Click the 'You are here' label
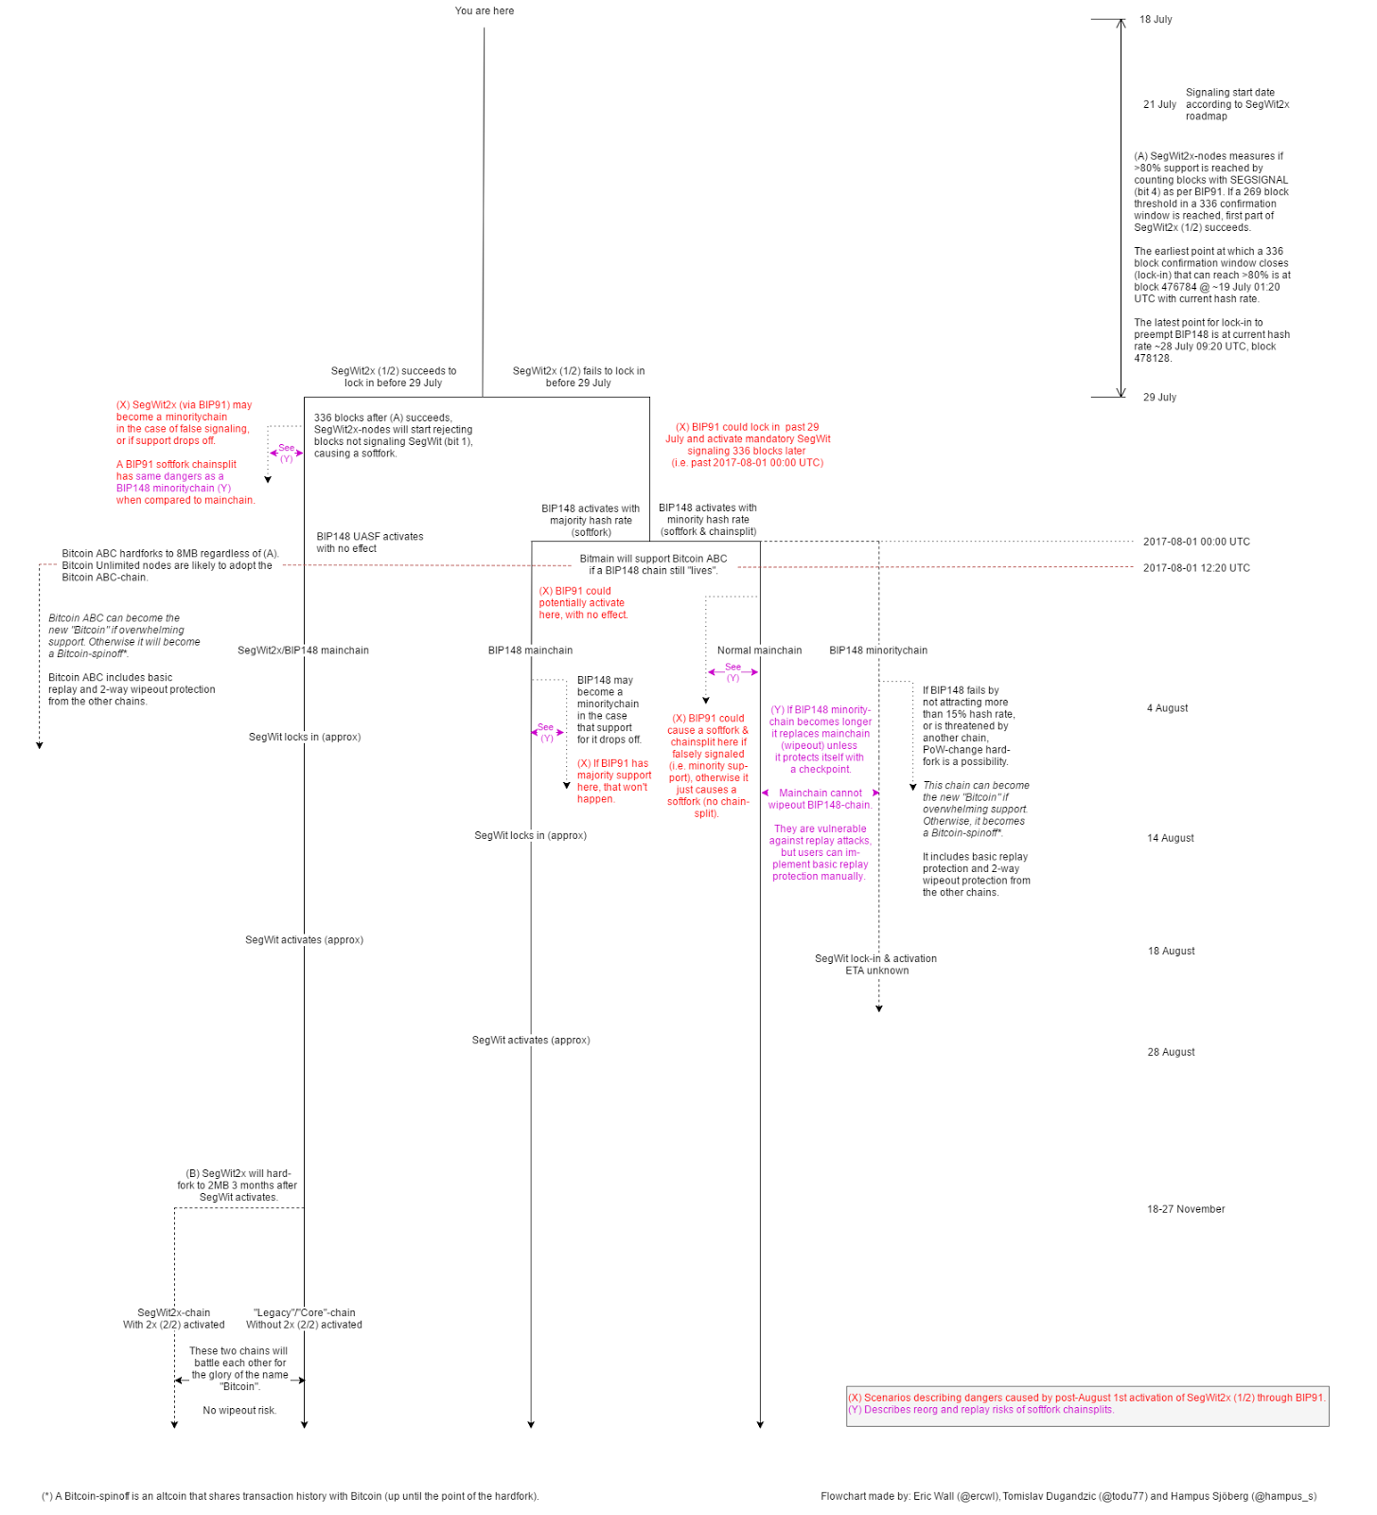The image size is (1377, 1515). coord(484,11)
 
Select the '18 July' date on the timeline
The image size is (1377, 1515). coord(1155,20)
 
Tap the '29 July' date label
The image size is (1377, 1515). coord(1159,398)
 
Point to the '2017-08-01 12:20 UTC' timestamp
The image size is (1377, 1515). coord(1195,568)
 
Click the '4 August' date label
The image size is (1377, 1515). coord(1167,708)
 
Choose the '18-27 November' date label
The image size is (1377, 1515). coord(1185,1209)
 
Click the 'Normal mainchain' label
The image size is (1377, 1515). coord(759,651)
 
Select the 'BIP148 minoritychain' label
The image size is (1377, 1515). coord(877,651)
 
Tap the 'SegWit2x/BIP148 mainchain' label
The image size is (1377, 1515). coord(303,651)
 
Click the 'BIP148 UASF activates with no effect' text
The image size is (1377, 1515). coord(369,543)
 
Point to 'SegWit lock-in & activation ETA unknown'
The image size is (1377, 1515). coord(875,964)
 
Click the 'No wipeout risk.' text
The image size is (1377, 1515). coord(239,1411)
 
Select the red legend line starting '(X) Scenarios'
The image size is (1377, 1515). coord(1086,1398)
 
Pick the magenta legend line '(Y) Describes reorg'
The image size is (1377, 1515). coord(980,1410)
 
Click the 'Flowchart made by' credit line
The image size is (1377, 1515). coord(1068,1496)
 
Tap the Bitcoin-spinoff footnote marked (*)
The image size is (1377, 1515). coord(290,1496)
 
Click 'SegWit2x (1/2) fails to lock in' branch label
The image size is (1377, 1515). coord(578,377)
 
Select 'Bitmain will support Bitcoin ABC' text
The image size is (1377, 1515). coord(653,564)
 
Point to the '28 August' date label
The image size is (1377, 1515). coord(1171,1052)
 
